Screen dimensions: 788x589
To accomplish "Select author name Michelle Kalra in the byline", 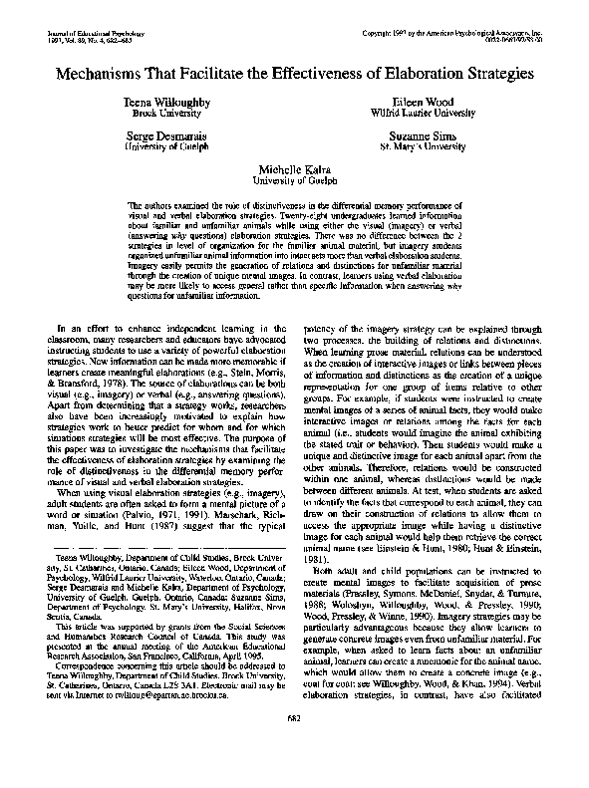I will [x=294, y=169].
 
